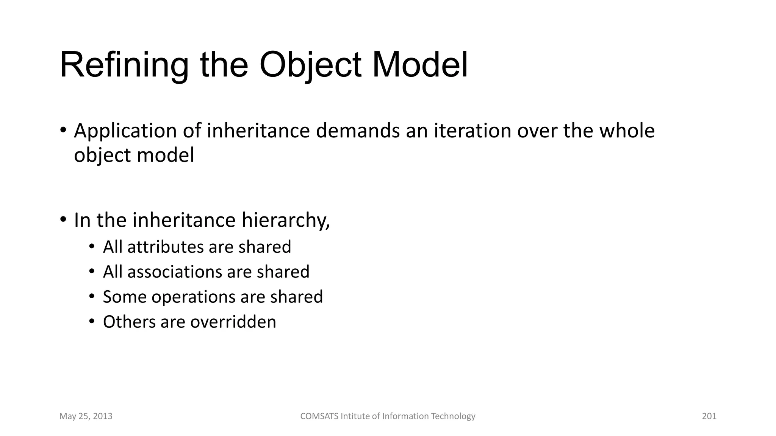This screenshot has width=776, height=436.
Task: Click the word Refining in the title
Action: (124, 65)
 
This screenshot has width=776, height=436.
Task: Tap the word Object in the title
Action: (310, 65)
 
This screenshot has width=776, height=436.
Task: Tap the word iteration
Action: (472, 131)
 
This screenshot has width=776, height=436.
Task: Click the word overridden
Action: (233, 322)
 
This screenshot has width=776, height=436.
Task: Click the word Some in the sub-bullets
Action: (124, 297)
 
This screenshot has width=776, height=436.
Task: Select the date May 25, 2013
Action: (86, 416)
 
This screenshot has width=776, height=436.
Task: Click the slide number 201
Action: (709, 416)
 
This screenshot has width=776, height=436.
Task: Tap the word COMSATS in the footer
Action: (319, 416)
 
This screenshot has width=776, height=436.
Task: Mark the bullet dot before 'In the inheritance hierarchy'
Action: (63, 220)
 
